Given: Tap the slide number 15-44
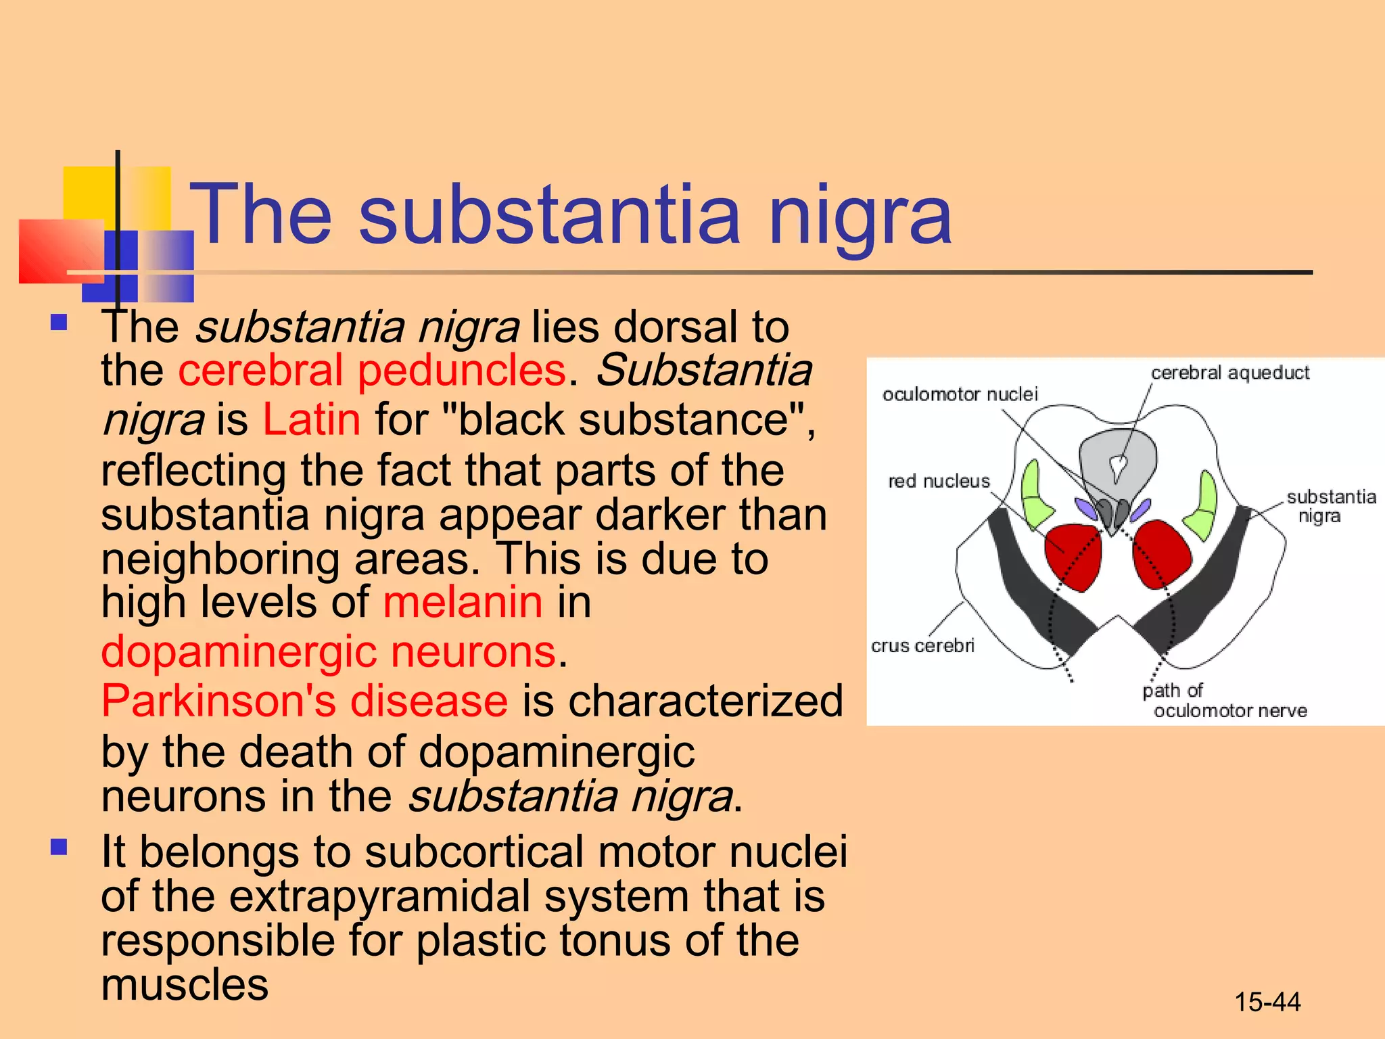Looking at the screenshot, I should point(1267,1002).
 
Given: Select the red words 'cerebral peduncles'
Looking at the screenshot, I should point(371,371).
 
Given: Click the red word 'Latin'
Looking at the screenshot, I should point(311,419).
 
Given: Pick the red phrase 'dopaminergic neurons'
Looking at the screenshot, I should point(329,651).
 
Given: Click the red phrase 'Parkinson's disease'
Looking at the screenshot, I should point(304,700).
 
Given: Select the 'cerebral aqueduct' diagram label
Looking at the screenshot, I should point(1229,373).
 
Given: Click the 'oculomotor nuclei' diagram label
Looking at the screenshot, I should point(959,394).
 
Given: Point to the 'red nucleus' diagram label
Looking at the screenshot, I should point(939,481).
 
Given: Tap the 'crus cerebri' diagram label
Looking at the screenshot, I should point(922,645).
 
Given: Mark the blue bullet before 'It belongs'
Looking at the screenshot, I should point(59,847).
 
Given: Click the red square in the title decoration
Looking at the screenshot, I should point(57,250).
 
